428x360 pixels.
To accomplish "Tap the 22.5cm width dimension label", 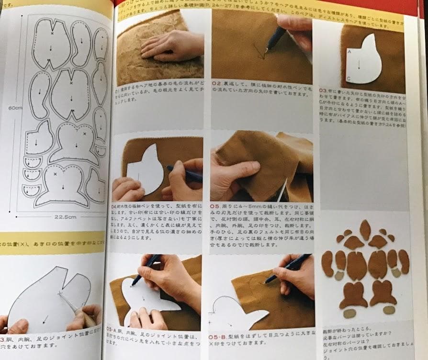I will [x=66, y=217].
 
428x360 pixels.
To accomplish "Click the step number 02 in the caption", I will [x=215, y=89].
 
